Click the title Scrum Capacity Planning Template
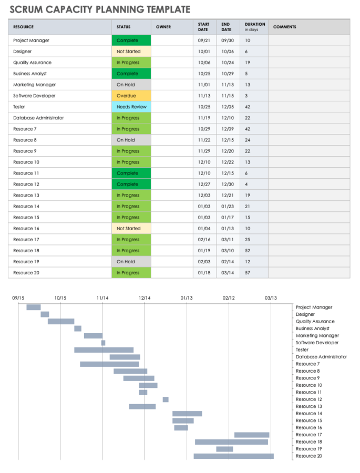(x=100, y=9)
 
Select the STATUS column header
(x=124, y=27)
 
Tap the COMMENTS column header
(x=284, y=27)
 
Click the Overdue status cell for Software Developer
(x=131, y=96)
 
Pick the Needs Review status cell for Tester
(x=131, y=107)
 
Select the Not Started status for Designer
(x=131, y=52)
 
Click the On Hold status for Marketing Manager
(x=131, y=85)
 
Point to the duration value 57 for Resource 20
(x=248, y=273)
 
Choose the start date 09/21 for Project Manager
(x=204, y=40)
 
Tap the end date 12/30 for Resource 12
(x=227, y=184)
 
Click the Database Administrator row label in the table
(x=38, y=118)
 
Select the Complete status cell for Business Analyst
(x=131, y=74)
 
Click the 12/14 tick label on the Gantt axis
(x=145, y=298)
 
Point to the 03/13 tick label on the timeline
(x=271, y=298)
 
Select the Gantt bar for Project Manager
(x=34, y=307)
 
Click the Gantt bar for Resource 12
(x=166, y=399)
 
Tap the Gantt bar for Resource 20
(x=233, y=456)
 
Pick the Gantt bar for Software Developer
(x=103, y=343)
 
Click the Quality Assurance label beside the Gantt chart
(x=315, y=322)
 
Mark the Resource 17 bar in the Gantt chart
(x=252, y=435)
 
